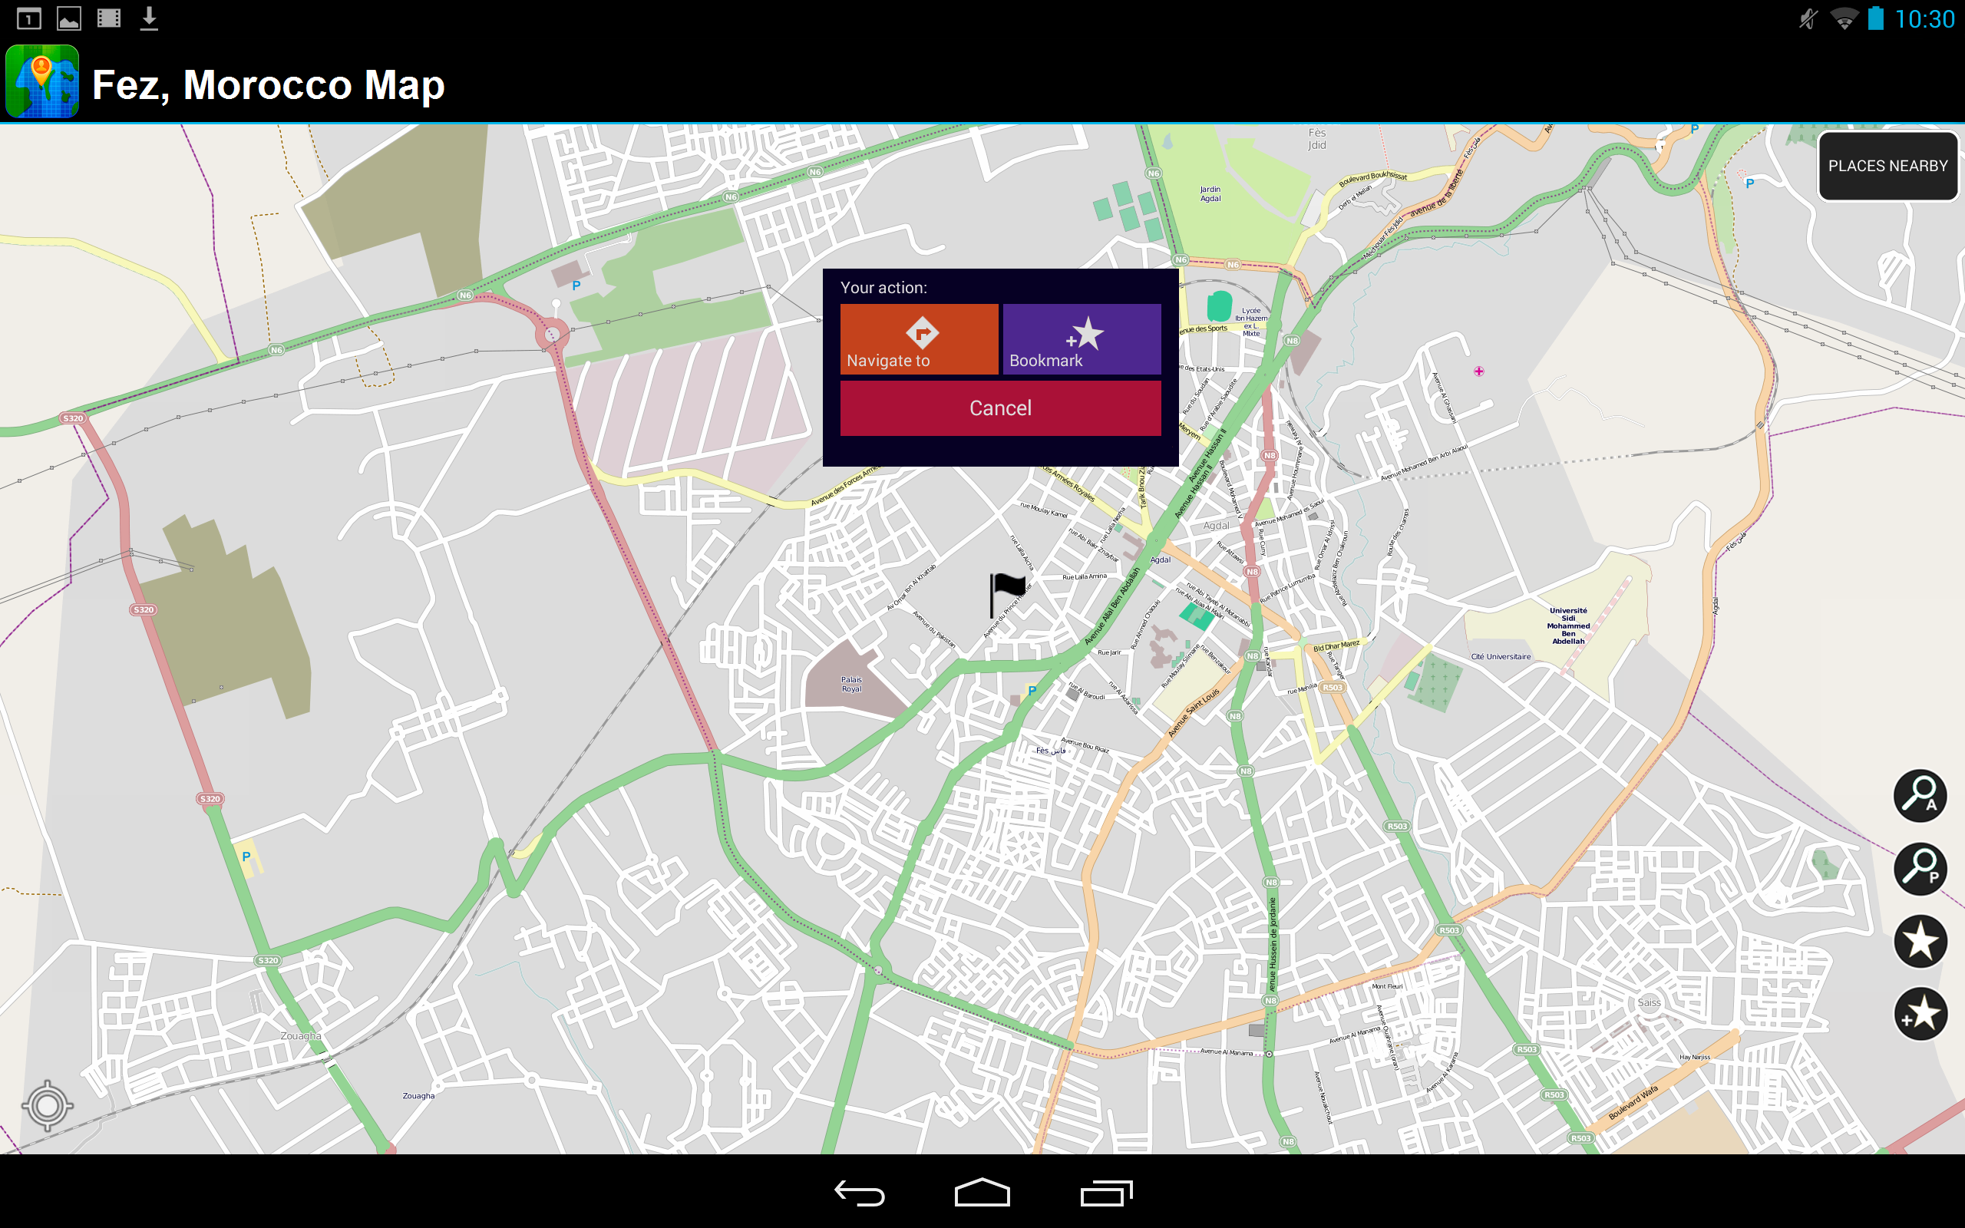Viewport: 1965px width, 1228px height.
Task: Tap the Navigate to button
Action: tap(918, 338)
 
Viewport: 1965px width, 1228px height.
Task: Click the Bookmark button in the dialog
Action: tap(1082, 338)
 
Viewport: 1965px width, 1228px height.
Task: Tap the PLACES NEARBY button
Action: tap(1887, 166)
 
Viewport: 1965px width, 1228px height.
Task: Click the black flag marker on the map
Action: tap(1006, 593)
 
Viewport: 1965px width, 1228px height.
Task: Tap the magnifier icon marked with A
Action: tap(1920, 795)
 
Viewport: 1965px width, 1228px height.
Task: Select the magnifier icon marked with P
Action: tap(1920, 868)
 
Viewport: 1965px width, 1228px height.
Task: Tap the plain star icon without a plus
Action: tap(1920, 941)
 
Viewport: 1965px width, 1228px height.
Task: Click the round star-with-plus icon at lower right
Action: tap(1920, 1014)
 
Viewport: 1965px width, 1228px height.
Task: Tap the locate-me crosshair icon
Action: tap(47, 1104)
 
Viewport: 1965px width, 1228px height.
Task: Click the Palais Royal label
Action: tap(851, 685)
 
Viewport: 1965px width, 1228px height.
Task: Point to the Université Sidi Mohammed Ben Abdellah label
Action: tap(1568, 626)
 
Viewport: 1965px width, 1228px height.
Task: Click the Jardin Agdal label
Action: tap(1210, 193)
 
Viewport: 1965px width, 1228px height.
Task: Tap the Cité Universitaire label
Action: tap(1501, 656)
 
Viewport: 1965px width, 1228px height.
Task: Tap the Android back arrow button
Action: tap(859, 1193)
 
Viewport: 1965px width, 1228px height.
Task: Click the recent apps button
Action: tap(1106, 1193)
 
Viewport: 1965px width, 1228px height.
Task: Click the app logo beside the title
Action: tap(42, 82)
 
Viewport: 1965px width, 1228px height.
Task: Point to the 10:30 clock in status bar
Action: tap(1924, 18)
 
